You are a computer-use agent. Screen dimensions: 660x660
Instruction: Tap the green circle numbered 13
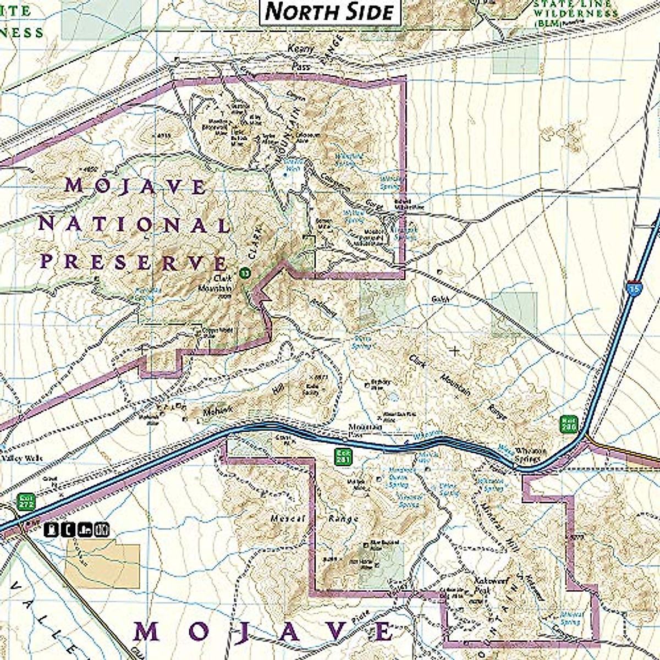(x=245, y=272)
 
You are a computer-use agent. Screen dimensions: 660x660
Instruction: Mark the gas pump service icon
(x=52, y=530)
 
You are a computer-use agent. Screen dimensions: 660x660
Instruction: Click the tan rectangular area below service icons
(x=102, y=566)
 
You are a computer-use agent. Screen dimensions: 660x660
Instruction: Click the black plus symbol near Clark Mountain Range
(x=454, y=350)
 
